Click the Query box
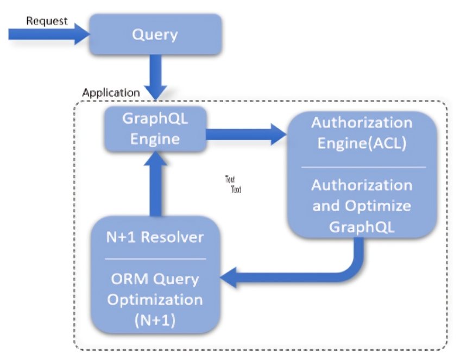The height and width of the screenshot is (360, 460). click(x=155, y=34)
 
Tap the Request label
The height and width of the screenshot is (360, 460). click(x=47, y=21)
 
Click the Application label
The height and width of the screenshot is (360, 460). click(x=111, y=92)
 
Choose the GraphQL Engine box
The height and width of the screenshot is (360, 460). click(x=155, y=129)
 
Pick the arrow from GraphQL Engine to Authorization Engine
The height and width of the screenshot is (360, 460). click(x=244, y=134)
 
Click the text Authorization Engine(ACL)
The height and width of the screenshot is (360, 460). click(x=361, y=133)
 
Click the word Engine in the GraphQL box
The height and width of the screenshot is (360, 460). click(x=155, y=138)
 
